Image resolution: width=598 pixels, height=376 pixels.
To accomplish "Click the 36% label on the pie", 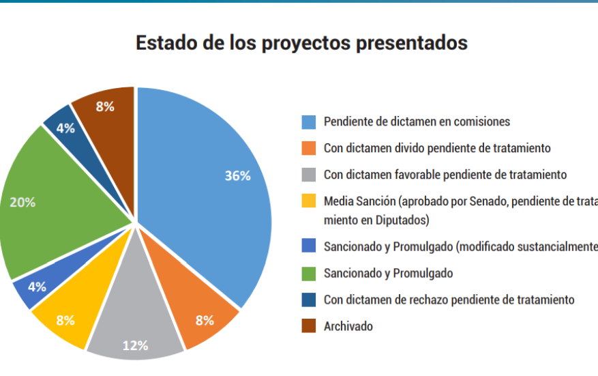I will click(237, 175).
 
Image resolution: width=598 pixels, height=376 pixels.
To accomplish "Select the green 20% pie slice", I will click(61, 205).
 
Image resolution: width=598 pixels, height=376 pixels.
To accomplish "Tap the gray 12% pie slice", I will click(135, 328).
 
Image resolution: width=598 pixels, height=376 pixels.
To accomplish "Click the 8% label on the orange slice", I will click(205, 320).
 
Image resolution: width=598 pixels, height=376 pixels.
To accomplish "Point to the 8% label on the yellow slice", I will click(65, 320).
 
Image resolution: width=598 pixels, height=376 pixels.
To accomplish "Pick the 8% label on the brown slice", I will click(105, 106).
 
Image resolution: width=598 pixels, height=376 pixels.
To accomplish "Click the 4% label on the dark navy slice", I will click(65, 128).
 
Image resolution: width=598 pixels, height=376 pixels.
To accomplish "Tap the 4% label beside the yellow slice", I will click(37, 287).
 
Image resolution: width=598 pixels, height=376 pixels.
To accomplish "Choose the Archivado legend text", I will click(348, 326).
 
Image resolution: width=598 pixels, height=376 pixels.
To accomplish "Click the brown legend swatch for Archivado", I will click(309, 326).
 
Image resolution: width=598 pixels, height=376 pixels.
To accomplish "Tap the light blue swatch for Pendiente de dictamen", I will click(309, 122).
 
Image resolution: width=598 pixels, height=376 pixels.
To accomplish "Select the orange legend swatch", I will click(309, 148).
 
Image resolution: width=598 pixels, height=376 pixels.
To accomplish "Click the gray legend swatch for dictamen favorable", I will click(309, 175).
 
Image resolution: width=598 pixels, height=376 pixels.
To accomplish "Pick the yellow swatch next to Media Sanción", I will click(309, 201).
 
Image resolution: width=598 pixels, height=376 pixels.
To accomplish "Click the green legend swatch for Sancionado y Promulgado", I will click(309, 273).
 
